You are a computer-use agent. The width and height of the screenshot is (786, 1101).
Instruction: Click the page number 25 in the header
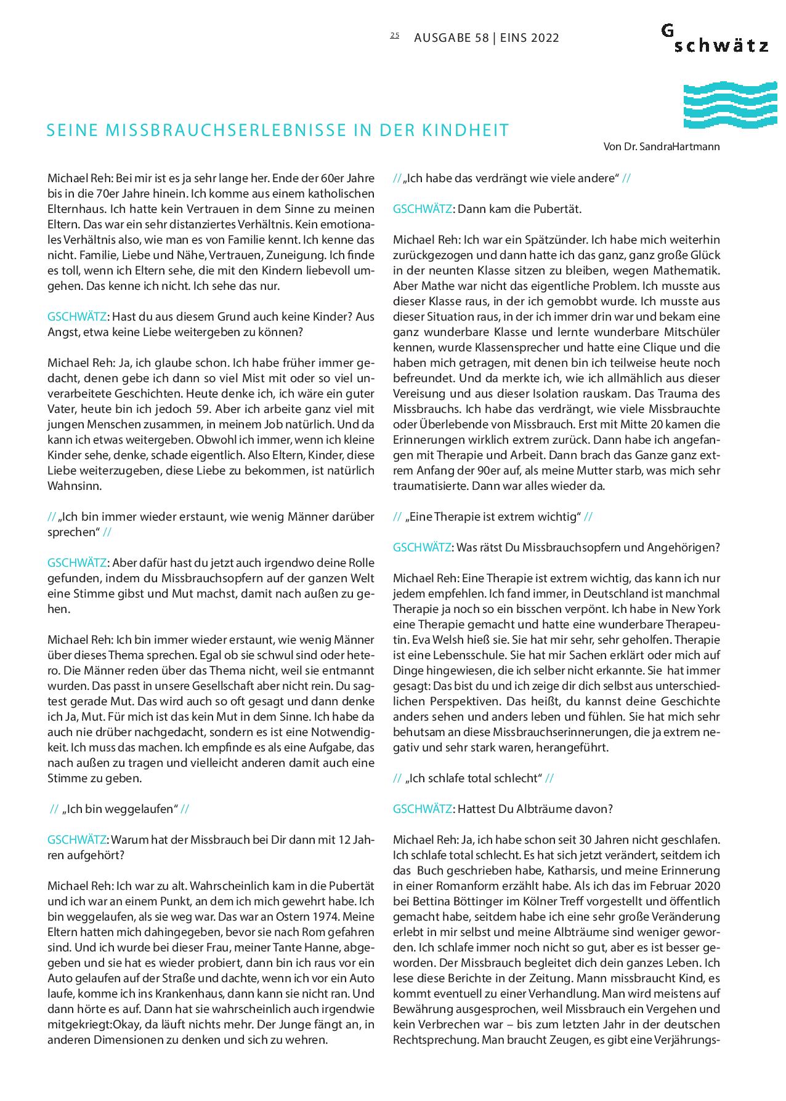[394, 36]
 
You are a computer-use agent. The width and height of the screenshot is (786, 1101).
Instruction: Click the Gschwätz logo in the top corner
[715, 38]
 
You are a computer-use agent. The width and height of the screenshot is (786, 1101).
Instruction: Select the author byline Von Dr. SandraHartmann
[662, 147]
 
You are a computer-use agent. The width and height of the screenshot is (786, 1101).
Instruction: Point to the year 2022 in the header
[543, 38]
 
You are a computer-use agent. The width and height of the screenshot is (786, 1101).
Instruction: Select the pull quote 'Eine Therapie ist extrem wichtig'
[493, 517]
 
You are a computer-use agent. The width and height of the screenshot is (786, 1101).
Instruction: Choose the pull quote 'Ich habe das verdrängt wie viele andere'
[511, 178]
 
